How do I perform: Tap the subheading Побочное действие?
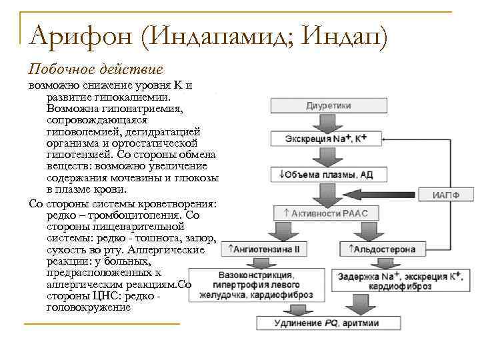(x=95, y=69)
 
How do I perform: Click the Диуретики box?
(x=329, y=106)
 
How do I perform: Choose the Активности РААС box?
(x=325, y=213)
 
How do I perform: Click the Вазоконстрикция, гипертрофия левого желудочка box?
(x=256, y=285)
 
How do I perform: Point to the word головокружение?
(x=89, y=308)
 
